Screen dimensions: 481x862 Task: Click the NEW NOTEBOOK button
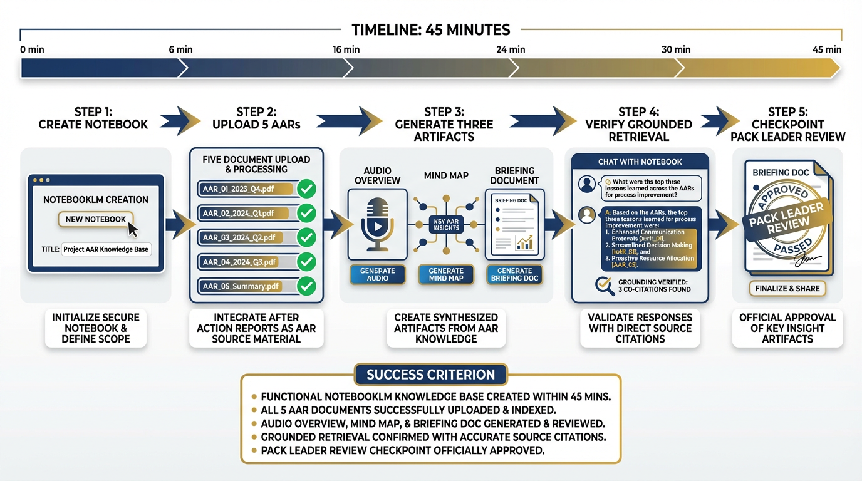click(95, 219)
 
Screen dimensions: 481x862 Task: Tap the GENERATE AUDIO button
click(378, 274)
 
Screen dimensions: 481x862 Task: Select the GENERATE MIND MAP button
click(446, 274)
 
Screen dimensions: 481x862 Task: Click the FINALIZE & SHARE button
click(787, 289)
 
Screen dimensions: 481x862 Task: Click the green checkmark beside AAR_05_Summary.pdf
click(306, 286)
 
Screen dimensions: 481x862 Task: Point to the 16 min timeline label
click(346, 49)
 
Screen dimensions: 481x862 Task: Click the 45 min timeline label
click(827, 49)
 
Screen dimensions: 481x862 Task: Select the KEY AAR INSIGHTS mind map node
click(446, 224)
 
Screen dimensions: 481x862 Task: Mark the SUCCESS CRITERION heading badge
click(430, 375)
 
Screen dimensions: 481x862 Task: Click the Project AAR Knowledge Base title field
click(106, 249)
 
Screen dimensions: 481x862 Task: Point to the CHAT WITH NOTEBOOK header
click(640, 162)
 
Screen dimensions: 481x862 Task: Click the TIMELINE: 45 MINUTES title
click(430, 29)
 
